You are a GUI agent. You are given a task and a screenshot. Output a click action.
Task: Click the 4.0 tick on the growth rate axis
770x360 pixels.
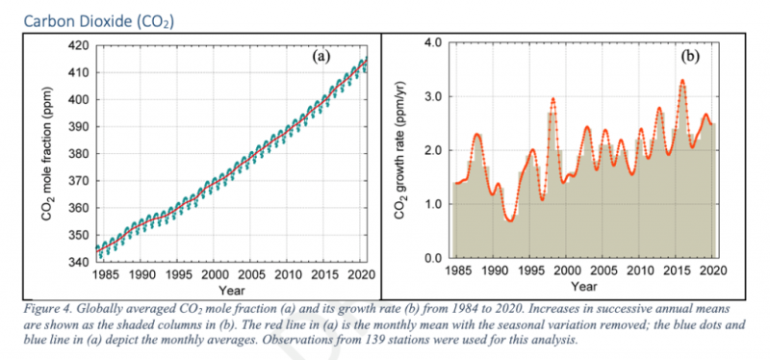click(x=432, y=43)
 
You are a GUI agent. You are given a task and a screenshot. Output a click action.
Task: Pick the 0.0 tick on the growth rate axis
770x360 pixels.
click(x=432, y=259)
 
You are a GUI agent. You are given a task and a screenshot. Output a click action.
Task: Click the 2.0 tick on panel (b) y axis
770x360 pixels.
click(x=432, y=151)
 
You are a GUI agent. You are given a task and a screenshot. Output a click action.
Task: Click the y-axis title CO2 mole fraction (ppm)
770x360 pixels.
click(x=48, y=160)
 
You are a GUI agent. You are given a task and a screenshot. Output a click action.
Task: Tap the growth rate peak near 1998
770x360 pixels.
click(x=552, y=98)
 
